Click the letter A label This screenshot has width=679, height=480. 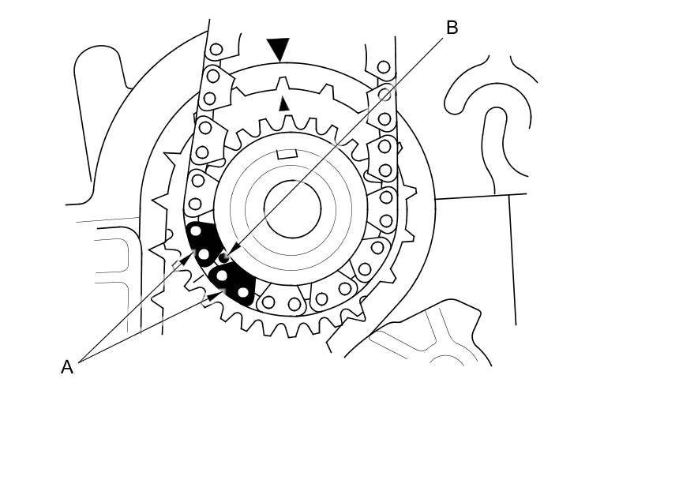[67, 367]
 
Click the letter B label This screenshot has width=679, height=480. [452, 28]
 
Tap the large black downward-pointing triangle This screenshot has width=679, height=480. [278, 49]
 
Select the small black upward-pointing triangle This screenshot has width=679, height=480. [284, 103]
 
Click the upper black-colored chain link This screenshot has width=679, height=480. [201, 243]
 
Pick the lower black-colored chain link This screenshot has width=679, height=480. [232, 283]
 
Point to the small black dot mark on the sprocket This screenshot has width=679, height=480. [223, 258]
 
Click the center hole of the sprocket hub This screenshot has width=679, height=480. [292, 209]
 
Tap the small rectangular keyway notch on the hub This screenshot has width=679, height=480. [287, 154]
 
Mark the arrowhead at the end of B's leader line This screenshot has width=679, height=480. [233, 249]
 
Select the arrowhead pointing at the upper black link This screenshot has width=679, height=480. [187, 258]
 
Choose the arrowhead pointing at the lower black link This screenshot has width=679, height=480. [215, 295]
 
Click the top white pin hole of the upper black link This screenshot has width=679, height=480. [196, 231]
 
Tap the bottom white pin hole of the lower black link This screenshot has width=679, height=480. [243, 293]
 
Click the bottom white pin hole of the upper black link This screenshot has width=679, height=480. [204, 254]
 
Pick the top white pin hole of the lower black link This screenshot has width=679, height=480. [222, 275]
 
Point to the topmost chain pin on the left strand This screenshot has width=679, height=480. [216, 49]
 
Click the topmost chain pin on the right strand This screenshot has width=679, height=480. [383, 67]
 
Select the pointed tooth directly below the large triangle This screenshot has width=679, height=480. [283, 84]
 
